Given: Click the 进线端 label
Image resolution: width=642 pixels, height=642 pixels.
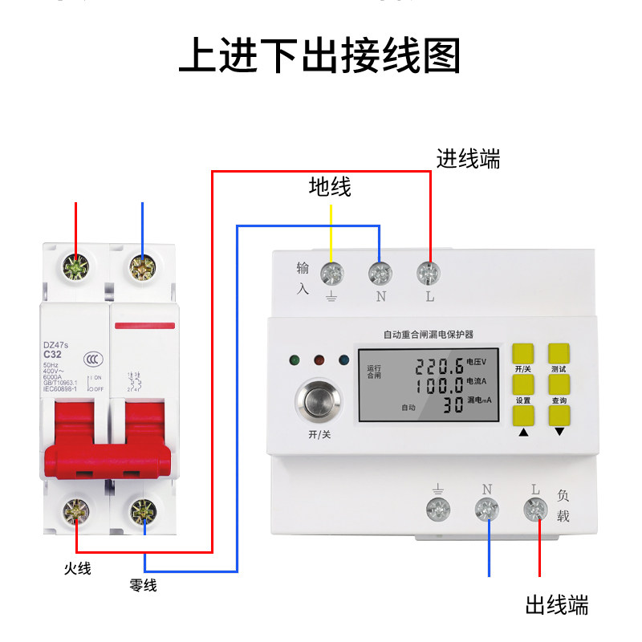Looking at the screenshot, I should [468, 159].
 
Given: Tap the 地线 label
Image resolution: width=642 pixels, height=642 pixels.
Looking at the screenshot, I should [330, 188].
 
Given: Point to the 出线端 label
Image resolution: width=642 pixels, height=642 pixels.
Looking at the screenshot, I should [557, 604].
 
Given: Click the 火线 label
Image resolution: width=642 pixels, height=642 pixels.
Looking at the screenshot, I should [78, 569].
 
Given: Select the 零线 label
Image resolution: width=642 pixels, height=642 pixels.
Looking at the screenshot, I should [143, 586].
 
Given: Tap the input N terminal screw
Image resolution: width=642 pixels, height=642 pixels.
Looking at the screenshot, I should [380, 274].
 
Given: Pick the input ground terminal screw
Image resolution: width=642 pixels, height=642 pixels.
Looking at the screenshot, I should [331, 274].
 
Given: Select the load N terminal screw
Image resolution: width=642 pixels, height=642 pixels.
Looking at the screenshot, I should [487, 508].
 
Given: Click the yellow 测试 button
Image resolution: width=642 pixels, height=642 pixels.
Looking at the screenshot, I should [559, 355].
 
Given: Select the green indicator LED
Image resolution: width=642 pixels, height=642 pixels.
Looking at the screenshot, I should [296, 361].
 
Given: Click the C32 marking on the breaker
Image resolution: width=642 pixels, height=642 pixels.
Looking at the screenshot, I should [52, 355].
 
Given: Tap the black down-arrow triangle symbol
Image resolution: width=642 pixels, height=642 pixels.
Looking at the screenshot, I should [559, 431].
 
